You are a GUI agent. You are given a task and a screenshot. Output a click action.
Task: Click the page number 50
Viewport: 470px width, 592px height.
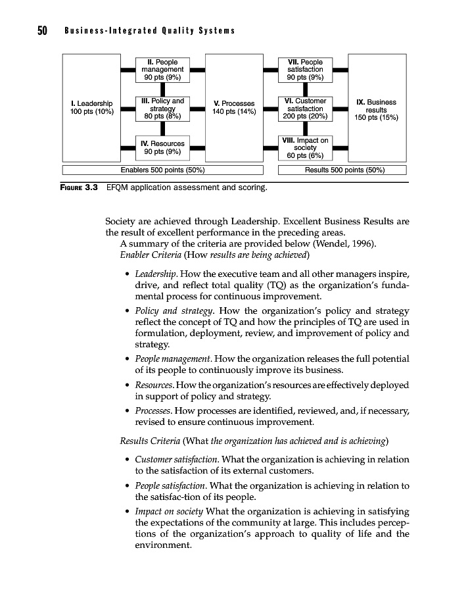(41, 31)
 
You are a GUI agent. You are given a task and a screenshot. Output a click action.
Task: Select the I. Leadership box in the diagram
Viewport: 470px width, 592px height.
(91, 107)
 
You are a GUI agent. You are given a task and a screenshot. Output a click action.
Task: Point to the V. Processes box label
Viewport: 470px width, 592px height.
(234, 107)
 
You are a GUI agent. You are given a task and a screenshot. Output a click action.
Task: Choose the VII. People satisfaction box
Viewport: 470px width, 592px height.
(305, 69)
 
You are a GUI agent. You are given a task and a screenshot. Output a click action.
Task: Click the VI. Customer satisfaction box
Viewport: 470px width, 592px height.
(305, 109)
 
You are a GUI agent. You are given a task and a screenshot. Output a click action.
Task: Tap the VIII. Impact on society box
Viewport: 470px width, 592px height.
(305, 147)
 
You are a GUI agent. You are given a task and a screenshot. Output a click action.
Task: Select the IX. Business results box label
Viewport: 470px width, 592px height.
(376, 110)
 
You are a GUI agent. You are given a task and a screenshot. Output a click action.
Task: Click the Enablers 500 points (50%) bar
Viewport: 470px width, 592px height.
(162, 170)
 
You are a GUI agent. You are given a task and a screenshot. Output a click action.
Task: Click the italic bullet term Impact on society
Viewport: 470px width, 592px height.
(169, 511)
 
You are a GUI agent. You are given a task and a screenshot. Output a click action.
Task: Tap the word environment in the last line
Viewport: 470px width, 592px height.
(162, 545)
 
